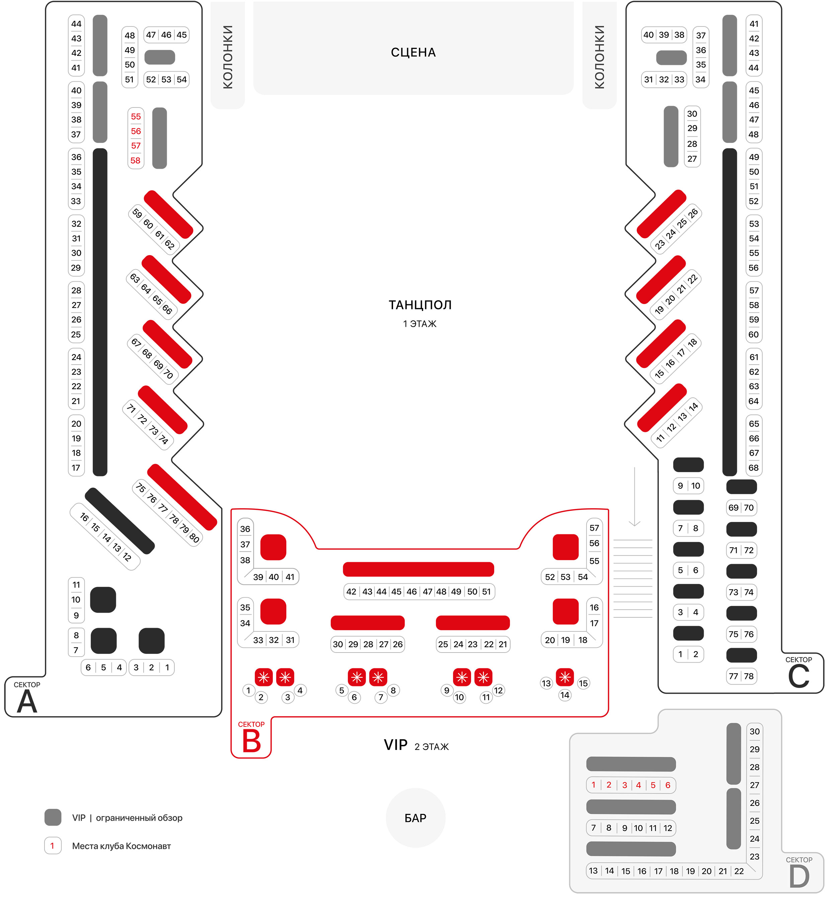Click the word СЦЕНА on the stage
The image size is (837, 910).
pyautogui.click(x=413, y=53)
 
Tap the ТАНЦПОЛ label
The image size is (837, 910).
pyautogui.click(x=420, y=305)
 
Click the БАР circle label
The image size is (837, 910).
pyautogui.click(x=415, y=818)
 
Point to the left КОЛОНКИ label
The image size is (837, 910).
pyautogui.click(x=228, y=57)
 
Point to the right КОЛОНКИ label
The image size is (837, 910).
pyautogui.click(x=599, y=57)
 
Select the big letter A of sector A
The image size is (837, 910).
pyautogui.click(x=27, y=702)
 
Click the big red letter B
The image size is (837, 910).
pyautogui.click(x=251, y=742)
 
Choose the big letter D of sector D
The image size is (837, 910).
pyautogui.click(x=799, y=877)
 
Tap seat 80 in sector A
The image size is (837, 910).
pyautogui.click(x=194, y=537)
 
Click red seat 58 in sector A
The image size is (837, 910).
pyautogui.click(x=135, y=160)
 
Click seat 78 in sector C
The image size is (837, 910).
pyautogui.click(x=749, y=676)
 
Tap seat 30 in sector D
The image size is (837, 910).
pyautogui.click(x=755, y=731)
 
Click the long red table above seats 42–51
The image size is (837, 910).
pyautogui.click(x=418, y=570)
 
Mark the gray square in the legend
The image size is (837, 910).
pyautogui.click(x=53, y=818)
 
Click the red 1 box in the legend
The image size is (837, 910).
pyautogui.click(x=53, y=846)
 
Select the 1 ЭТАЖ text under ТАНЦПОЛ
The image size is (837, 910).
pyautogui.click(x=420, y=324)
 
